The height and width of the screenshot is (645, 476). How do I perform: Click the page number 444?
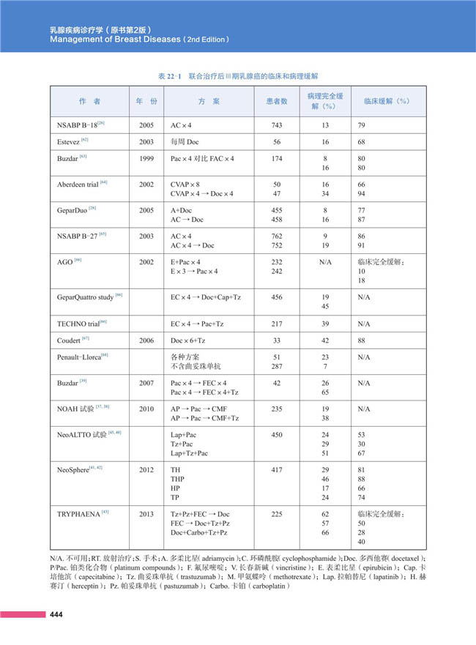56,614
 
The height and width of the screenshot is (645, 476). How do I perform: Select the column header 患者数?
276,101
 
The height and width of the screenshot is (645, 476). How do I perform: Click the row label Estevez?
71,141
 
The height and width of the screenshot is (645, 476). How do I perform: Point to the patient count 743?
277,125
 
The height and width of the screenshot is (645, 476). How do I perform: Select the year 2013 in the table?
146,515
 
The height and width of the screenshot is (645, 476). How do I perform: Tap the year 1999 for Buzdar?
146,157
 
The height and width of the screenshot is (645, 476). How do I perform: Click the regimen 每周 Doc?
185,141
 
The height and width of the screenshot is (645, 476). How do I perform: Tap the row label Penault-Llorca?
81,357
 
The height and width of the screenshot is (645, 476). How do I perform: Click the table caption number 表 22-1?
169,76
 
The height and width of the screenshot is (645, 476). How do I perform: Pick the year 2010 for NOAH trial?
146,409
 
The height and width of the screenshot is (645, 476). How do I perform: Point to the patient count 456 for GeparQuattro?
277,297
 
